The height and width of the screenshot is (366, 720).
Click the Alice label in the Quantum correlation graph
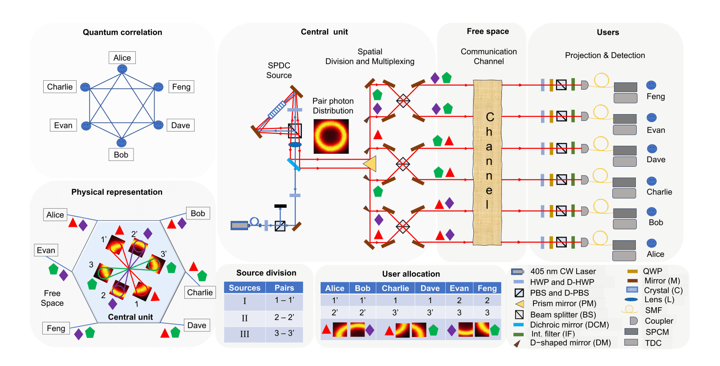[x=122, y=58]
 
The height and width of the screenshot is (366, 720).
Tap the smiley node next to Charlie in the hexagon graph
[x=85, y=87]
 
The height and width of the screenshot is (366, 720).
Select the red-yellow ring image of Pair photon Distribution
[x=331, y=136]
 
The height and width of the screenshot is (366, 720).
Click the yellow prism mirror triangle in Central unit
[x=371, y=164]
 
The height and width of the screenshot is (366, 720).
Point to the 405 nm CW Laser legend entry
[x=563, y=271]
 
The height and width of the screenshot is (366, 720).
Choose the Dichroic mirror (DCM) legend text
[x=569, y=325]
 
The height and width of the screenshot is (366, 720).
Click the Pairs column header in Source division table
[x=284, y=288]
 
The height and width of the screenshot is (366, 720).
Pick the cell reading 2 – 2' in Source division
[x=284, y=317]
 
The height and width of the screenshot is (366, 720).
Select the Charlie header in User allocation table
[x=395, y=288]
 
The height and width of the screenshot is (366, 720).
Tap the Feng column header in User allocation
[x=487, y=288]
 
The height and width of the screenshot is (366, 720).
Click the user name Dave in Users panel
[x=656, y=160]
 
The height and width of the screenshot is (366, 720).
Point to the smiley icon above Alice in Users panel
[x=651, y=243]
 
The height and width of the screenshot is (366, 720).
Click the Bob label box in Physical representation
[x=198, y=214]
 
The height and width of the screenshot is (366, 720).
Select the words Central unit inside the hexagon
[x=130, y=317]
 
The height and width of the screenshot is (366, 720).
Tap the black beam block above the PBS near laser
[x=281, y=206]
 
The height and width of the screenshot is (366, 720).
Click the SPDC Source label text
[x=279, y=70]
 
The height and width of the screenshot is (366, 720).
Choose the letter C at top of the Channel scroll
[x=490, y=117]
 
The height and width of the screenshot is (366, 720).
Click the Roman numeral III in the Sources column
[x=244, y=334]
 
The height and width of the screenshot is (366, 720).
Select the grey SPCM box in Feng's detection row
[x=626, y=87]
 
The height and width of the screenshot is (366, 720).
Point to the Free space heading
[x=488, y=31]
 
